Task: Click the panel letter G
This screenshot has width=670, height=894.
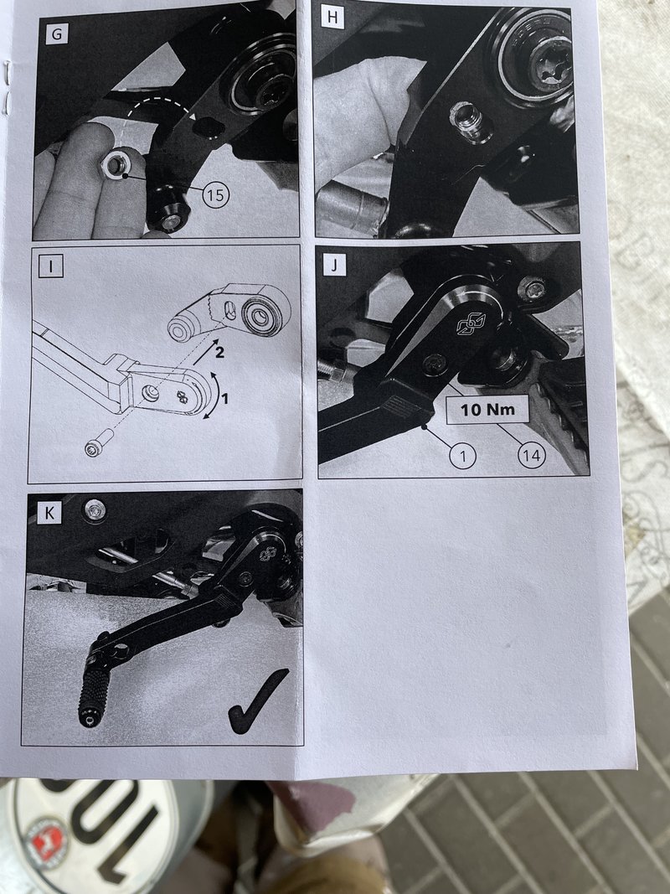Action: pos(57,34)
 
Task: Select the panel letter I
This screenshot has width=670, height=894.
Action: pos(51,266)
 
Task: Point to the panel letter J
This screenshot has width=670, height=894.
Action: pos(334,265)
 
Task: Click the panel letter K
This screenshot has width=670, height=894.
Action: pos(49,513)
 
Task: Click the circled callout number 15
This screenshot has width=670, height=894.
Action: pos(216,195)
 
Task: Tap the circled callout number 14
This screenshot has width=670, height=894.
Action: pos(532,455)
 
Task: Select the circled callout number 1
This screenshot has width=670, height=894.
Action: pos(462,456)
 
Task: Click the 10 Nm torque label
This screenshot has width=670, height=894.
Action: pos(487,410)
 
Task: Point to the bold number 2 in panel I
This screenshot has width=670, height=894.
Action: pos(219,353)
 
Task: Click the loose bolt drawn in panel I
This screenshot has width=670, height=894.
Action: pos(99,443)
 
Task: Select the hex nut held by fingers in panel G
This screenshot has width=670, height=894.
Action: pos(116,165)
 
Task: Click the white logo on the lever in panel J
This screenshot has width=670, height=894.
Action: pos(471,324)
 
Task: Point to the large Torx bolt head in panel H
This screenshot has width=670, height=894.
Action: pos(550,61)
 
